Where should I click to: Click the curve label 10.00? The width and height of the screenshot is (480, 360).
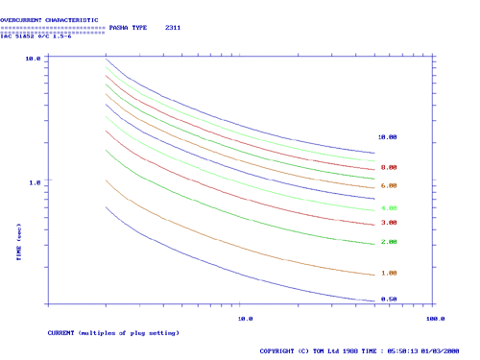click(388, 137)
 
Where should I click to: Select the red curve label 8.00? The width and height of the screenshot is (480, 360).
click(389, 168)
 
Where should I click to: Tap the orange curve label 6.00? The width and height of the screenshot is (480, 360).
click(389, 185)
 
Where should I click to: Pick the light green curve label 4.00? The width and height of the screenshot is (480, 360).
click(389, 208)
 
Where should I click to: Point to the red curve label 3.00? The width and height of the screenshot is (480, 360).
click(389, 223)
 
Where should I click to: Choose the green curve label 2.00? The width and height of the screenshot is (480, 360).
click(389, 242)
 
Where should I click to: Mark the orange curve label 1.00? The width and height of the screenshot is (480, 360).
click(389, 273)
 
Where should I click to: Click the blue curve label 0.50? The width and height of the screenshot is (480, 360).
click(389, 299)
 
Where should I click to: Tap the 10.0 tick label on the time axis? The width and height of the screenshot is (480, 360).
click(32, 59)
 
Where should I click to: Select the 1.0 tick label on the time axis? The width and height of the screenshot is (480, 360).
click(34, 181)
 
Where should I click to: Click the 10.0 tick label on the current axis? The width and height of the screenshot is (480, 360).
click(245, 317)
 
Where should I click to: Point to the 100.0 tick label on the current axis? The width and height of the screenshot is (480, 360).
click(435, 317)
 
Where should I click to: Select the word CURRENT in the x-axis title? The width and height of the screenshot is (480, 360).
click(62, 332)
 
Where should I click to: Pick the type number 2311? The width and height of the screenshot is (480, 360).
click(173, 28)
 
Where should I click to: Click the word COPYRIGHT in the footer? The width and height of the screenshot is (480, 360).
click(281, 351)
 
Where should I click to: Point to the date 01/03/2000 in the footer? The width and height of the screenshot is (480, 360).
click(440, 351)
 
